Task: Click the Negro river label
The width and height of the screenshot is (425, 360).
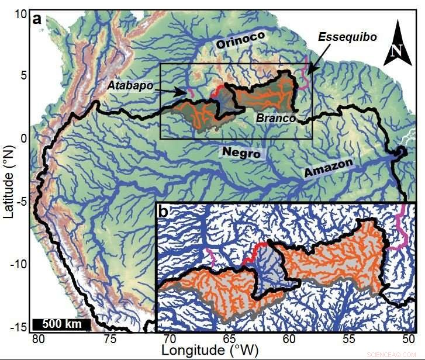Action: (x=240, y=152)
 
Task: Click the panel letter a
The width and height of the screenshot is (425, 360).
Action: (x=37, y=19)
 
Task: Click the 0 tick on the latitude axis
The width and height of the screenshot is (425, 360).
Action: (x=24, y=139)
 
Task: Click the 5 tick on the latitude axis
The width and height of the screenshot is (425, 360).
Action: (x=24, y=75)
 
